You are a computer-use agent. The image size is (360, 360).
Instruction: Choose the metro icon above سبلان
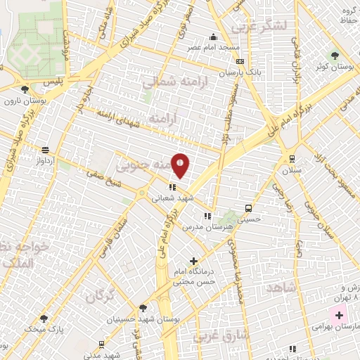coord(292,159)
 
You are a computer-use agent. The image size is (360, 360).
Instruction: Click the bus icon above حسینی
coord(248,208)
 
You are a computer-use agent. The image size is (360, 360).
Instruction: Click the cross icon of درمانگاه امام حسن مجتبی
coord(194,262)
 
